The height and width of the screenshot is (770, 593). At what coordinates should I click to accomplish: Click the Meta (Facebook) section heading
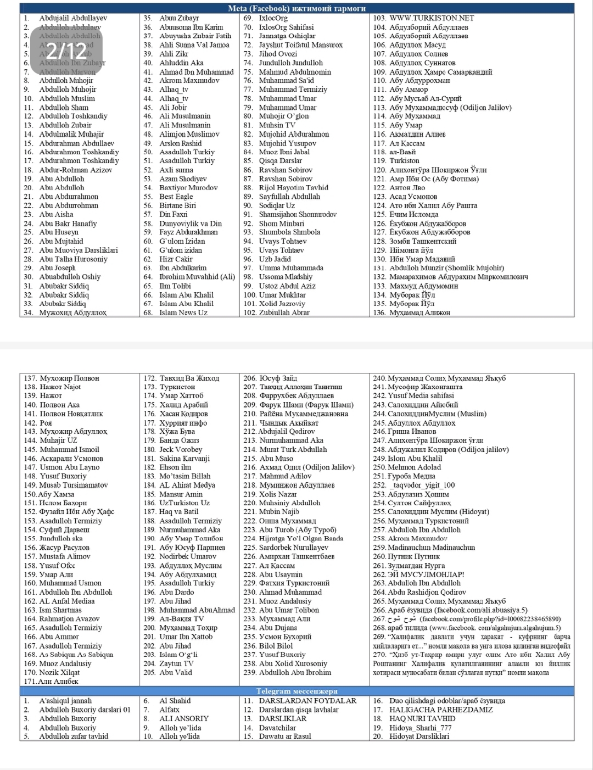click(x=296, y=8)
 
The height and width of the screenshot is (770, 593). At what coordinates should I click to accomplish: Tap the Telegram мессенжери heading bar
click(x=296, y=691)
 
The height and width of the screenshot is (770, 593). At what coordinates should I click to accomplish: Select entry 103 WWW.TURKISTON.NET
click(x=432, y=18)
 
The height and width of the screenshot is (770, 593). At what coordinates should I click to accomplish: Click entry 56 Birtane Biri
click(x=177, y=205)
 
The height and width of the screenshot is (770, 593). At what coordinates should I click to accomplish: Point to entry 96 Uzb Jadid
click(x=275, y=259)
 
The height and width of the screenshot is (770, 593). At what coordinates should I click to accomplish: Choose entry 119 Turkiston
click(x=404, y=161)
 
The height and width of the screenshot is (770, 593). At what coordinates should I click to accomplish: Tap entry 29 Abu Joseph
click(x=57, y=268)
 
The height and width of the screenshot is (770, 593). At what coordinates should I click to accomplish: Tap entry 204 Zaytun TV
click(x=176, y=663)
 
